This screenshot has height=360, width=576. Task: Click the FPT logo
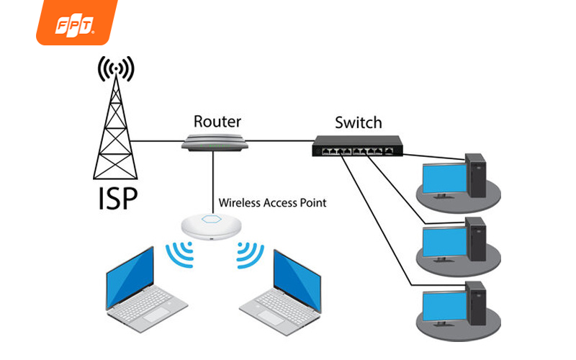point(75,23)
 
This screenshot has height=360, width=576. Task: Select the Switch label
point(358,122)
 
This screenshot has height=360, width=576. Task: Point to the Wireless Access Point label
point(272,203)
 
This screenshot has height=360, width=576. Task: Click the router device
point(214,142)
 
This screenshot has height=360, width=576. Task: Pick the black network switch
point(357,146)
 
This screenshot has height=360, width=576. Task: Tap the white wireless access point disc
point(212,225)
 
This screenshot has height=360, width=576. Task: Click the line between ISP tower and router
point(158,141)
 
